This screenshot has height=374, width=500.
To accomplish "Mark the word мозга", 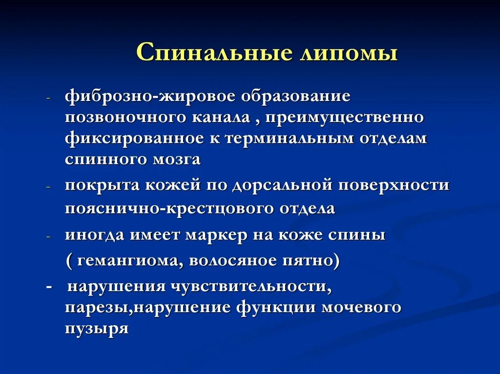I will point(177,159).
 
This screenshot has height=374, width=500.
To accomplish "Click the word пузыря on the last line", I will point(97,328).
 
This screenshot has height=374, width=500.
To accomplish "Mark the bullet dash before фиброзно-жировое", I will point(48,98).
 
